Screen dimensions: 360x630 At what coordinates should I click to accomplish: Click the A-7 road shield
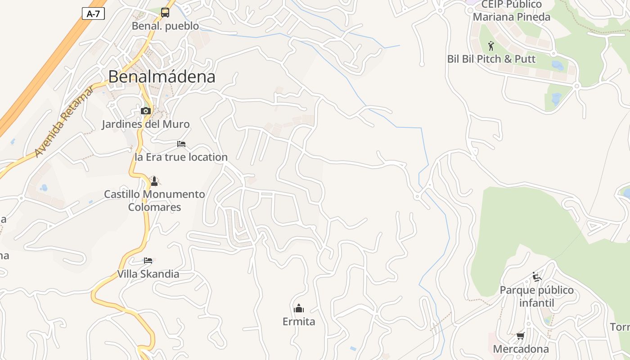93,13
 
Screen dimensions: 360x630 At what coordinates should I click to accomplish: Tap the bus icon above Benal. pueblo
165,13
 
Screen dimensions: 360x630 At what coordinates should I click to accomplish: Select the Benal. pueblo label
165,26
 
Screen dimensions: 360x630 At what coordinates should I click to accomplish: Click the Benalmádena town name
162,76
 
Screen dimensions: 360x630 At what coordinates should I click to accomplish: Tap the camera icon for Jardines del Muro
145,111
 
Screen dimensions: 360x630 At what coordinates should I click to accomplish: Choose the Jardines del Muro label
145,124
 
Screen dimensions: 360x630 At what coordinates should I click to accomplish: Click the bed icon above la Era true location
181,144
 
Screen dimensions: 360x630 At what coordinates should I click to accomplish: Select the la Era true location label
181,157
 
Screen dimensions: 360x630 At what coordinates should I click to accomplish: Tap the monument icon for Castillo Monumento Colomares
154,181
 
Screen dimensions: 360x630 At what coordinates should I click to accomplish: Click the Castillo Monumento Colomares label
154,201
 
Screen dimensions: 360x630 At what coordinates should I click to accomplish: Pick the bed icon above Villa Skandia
148,261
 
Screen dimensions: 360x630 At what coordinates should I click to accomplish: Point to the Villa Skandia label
148,274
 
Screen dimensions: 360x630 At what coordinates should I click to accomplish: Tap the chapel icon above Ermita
299,308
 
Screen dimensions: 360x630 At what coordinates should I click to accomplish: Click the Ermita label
299,321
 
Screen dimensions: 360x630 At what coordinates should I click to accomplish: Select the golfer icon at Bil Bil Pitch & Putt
491,46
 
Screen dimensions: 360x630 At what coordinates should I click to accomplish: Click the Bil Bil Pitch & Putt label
491,59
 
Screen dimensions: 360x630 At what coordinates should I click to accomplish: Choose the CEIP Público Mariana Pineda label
512,11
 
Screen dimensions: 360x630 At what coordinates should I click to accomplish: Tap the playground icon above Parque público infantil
536,276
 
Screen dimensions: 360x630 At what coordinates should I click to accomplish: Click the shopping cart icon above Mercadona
521,336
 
